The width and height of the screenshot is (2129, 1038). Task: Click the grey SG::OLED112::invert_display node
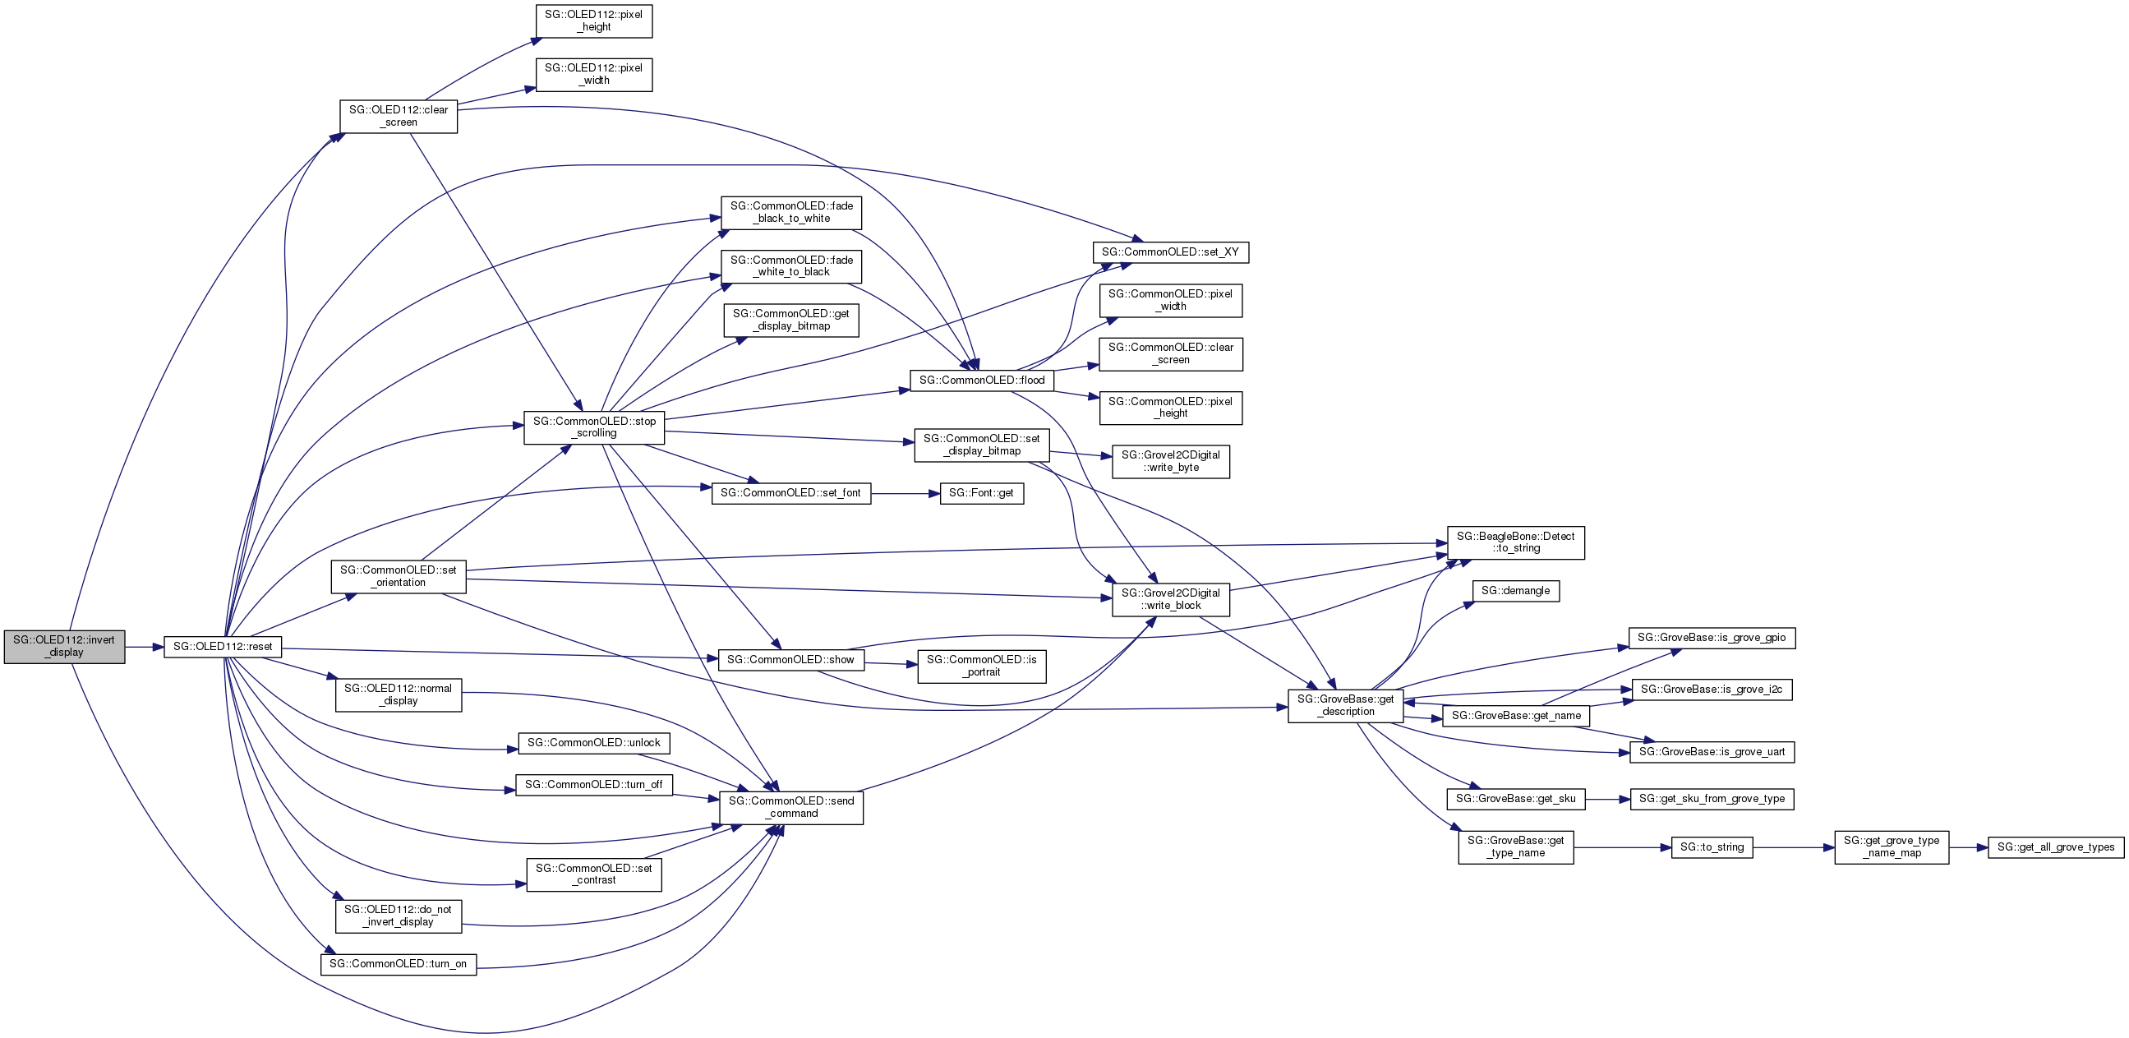64,646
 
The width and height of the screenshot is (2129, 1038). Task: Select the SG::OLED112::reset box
223,646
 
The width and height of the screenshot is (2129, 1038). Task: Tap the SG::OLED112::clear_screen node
399,116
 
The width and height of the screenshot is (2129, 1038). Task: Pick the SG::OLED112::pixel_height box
593,21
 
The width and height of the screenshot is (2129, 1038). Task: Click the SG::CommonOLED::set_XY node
1169,252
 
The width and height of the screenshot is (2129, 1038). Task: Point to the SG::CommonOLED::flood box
981,381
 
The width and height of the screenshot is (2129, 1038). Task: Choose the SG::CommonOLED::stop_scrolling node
593,427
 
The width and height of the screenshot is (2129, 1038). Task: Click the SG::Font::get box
981,493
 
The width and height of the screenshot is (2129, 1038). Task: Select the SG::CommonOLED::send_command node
791,807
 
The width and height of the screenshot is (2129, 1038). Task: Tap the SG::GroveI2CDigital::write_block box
1170,599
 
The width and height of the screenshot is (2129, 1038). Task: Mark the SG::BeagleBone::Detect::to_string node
1515,542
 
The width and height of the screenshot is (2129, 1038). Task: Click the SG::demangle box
1515,591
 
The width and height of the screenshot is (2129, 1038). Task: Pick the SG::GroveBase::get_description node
1344,705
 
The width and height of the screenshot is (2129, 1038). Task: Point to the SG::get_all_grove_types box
2054,847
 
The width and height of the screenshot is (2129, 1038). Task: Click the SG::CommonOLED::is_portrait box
981,666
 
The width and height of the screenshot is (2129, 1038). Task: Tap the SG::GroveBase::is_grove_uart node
1711,752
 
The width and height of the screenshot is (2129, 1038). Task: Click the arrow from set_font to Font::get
905,493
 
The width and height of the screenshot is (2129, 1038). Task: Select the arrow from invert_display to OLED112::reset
144,647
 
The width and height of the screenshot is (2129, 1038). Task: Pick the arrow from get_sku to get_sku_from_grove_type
1606,799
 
